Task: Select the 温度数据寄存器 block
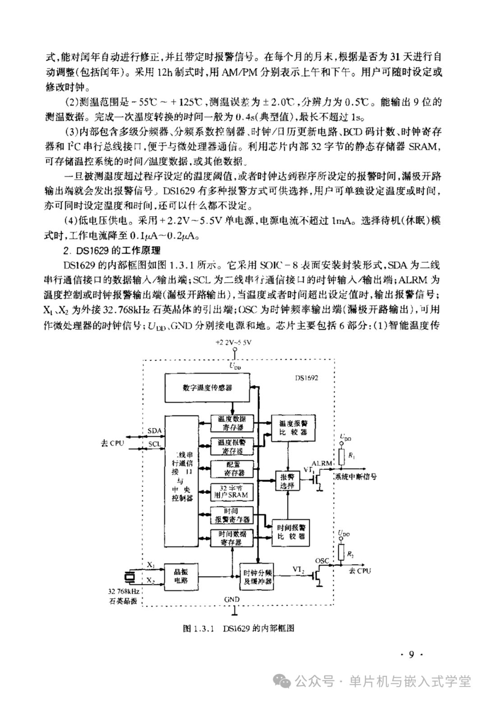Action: [232, 423]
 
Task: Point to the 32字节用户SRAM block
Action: [231, 491]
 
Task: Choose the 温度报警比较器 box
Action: [293, 427]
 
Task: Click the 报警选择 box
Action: [287, 481]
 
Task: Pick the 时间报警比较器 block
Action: [291, 532]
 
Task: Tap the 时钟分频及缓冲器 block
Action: [257, 577]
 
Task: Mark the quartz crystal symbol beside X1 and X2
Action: [130, 576]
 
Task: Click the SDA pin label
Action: [154, 431]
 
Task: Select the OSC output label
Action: [322, 561]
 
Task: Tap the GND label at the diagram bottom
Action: [231, 599]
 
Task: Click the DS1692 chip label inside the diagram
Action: [306, 378]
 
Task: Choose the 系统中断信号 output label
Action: [355, 477]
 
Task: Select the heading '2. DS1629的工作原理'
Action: [112, 250]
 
